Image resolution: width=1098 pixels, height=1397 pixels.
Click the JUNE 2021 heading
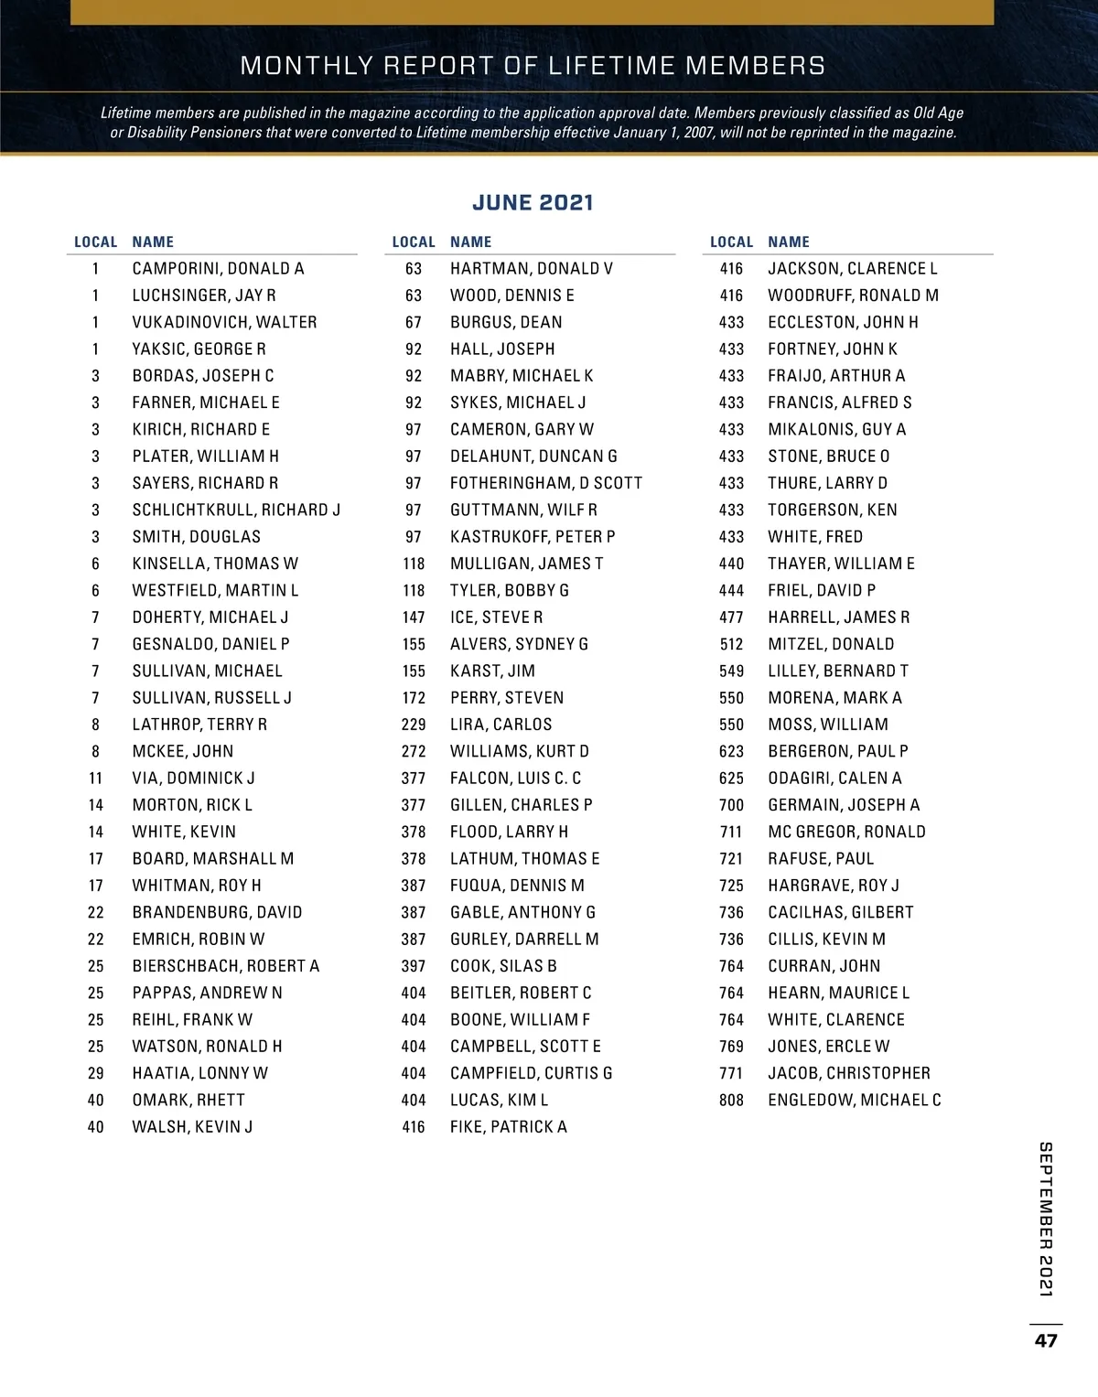(533, 202)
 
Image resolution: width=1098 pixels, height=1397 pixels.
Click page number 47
(1046, 1340)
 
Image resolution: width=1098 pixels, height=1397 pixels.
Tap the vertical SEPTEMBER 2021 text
(1046, 1219)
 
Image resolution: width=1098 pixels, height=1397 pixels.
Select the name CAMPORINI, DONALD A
(218, 269)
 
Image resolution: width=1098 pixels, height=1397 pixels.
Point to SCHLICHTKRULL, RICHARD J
(236, 510)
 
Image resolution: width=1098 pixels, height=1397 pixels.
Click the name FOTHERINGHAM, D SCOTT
(545, 483)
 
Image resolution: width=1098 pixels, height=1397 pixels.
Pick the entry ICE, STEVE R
(496, 618)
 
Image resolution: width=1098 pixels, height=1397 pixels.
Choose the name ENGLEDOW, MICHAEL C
(854, 1100)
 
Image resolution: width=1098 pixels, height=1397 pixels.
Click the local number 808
(731, 1100)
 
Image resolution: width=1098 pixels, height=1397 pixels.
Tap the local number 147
(414, 618)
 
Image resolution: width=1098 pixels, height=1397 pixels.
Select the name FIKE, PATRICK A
(508, 1127)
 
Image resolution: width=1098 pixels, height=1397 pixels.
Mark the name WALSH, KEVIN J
(192, 1127)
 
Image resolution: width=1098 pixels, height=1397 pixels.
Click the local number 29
(96, 1073)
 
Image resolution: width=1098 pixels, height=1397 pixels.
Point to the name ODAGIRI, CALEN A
(834, 779)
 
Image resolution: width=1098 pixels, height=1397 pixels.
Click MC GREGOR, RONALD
(846, 832)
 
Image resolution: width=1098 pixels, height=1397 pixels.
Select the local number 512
(731, 644)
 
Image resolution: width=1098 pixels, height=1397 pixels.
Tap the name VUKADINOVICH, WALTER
(224, 322)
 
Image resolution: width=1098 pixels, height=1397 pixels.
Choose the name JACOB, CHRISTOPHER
(848, 1073)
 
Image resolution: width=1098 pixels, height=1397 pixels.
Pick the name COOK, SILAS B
(503, 966)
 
